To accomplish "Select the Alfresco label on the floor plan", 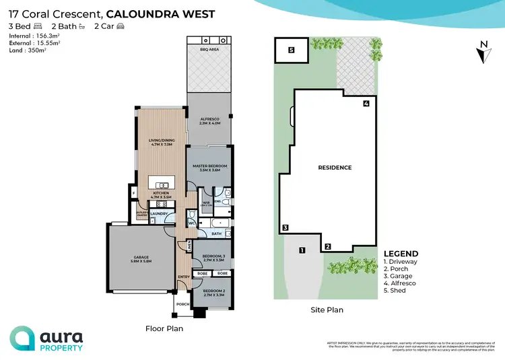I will tap(209, 118).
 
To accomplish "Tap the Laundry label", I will tap(159, 215).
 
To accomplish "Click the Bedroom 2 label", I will tap(213, 292).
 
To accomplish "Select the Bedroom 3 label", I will tap(213, 255).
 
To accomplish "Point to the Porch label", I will tap(182, 304).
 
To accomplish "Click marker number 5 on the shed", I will tap(292, 50).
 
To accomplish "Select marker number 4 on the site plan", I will tap(366, 104).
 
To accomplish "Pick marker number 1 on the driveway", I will tap(302, 250).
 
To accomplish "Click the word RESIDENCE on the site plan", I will tap(335, 168).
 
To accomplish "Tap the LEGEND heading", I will tap(401, 254).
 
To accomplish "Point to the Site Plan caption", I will tap(326, 310).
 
